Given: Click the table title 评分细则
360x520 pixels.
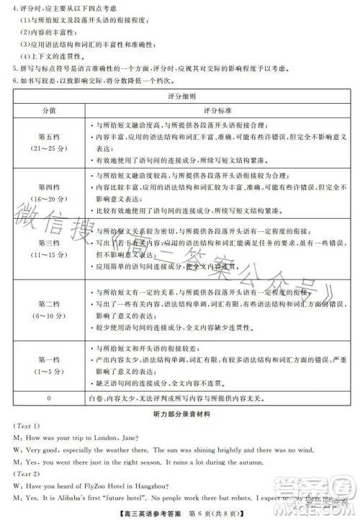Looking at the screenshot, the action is pos(180,96).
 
